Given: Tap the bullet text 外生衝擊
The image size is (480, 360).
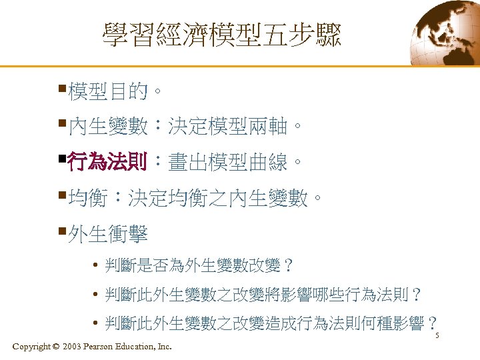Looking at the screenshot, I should [107, 234].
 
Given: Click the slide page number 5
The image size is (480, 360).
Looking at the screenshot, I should [437, 335].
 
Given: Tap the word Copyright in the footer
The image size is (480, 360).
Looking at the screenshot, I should [31, 347].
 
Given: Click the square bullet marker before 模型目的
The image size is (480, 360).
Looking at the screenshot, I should [61, 87].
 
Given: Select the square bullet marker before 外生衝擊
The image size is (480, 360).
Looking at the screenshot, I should [61, 230].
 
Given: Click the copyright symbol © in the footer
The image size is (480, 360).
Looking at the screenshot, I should [55, 347].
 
